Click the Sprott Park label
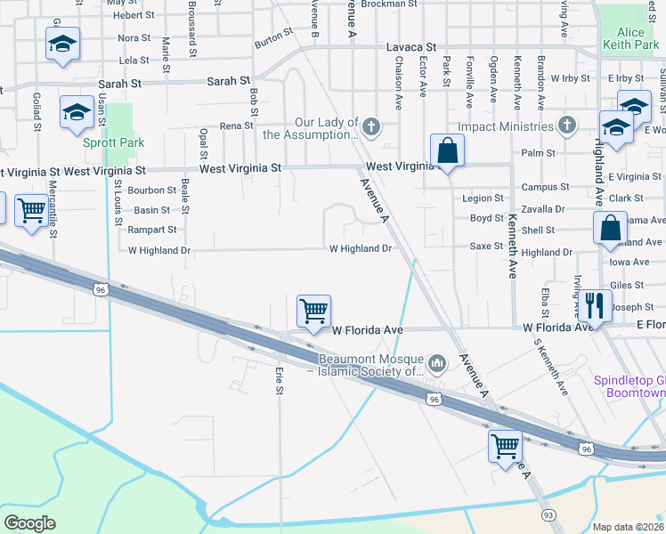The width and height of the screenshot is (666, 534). click(114, 142)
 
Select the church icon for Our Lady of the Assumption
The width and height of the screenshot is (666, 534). click(370, 127)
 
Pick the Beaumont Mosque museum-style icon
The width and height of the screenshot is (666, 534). click(437, 363)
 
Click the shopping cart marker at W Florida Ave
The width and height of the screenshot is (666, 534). click(313, 311)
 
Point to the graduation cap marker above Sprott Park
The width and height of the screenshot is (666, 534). click(77, 112)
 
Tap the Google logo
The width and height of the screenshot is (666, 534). click(29, 523)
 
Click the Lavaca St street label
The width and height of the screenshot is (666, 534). click(410, 47)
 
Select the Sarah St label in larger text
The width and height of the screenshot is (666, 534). click(229, 81)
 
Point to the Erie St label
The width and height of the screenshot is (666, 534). click(279, 383)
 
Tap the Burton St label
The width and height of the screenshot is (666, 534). click(273, 37)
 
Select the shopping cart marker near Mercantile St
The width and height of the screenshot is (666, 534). click(31, 211)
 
